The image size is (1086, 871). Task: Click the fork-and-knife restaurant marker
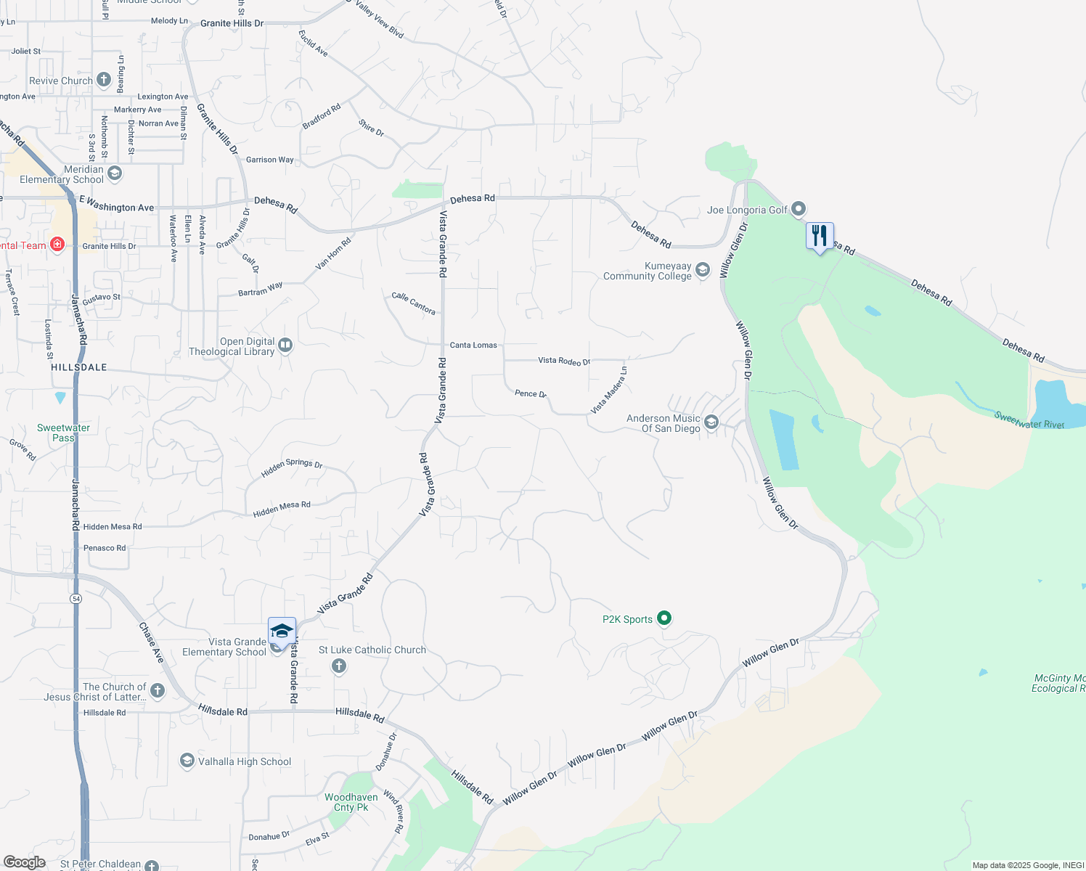point(820,237)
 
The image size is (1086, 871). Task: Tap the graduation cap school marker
point(282,631)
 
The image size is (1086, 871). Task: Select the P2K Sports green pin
point(664,618)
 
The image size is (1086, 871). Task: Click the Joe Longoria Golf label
point(747,210)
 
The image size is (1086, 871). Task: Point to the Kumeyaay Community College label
point(647,271)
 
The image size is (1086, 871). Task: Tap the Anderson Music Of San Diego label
point(664,424)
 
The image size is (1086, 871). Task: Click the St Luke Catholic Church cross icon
point(338,666)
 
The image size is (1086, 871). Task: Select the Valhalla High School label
point(245,761)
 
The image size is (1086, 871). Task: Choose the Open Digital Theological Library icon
point(285,345)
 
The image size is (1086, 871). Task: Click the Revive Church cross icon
point(104,80)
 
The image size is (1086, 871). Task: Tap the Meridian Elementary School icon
point(115,173)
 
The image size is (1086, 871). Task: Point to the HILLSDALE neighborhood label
point(79,367)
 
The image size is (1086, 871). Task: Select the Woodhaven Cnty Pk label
point(351,802)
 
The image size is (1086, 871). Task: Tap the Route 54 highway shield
point(76,599)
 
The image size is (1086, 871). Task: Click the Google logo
point(25,862)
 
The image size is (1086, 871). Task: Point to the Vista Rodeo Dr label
point(564,361)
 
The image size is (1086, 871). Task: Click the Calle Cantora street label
point(414,303)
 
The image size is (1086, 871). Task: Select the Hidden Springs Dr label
point(292,468)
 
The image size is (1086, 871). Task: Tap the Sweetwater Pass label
point(63,433)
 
